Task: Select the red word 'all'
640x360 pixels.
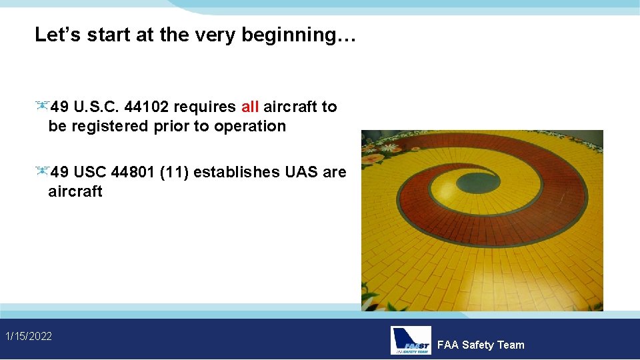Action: [250, 107]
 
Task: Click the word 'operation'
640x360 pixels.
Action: [250, 126]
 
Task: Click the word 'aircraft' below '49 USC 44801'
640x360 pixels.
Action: [75, 191]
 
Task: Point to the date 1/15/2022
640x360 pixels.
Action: [29, 336]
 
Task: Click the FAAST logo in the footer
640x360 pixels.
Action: [411, 340]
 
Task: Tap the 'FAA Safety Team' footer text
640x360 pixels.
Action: [481, 345]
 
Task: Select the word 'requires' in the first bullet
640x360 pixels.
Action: [205, 107]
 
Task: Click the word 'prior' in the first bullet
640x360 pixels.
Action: [172, 126]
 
